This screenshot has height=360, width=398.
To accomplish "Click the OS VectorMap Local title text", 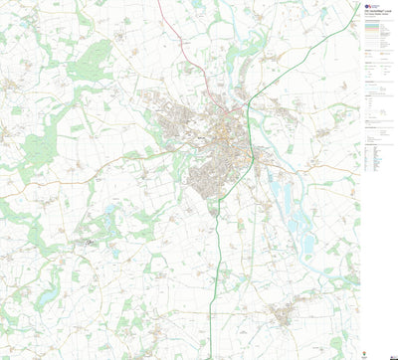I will click(x=375, y=10).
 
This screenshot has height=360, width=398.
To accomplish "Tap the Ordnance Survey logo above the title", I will click(x=368, y=4).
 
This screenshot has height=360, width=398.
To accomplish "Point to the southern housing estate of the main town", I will click(x=204, y=179).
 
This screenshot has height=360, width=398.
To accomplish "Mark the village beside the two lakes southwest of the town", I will click(x=95, y=239).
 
